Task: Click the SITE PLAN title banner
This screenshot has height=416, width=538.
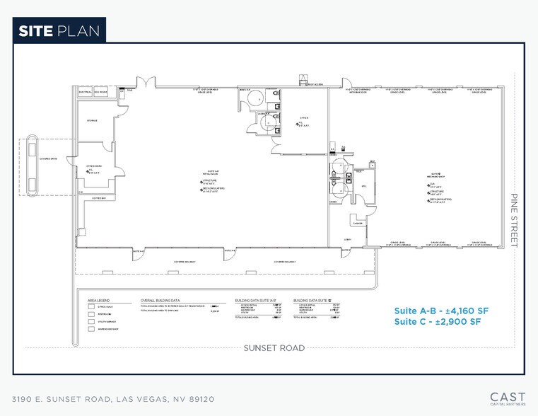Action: [59, 30]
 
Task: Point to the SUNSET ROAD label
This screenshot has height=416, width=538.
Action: [274, 347]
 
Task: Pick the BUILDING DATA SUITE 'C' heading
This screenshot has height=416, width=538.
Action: [314, 299]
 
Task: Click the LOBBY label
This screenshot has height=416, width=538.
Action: [349, 239]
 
